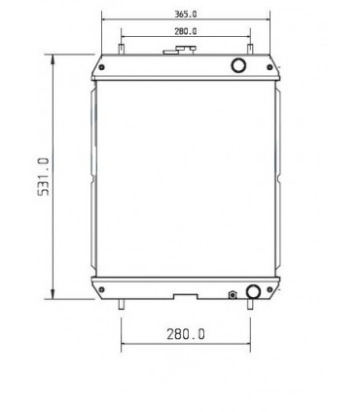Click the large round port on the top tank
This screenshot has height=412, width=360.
(238, 65)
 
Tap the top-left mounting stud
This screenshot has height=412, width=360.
(121, 50)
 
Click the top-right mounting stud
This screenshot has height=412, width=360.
(251, 50)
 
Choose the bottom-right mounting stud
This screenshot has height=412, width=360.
(251, 305)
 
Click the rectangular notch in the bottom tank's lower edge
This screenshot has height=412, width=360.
(185, 295)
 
